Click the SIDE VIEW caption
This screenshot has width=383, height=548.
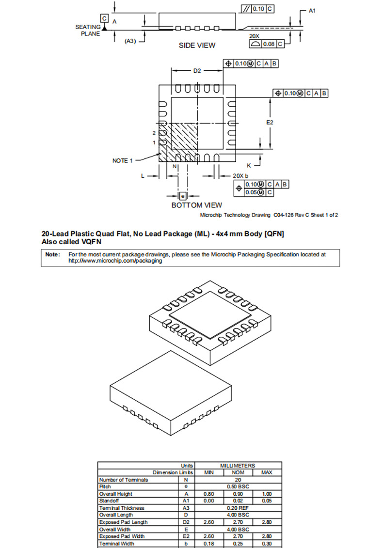tap(197, 46)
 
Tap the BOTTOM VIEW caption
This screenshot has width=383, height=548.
tap(197, 205)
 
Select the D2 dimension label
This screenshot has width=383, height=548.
tap(197, 71)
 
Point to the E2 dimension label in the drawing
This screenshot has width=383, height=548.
tap(270, 123)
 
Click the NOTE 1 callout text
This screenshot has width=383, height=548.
tap(122, 160)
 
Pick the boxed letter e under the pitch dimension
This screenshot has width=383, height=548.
tap(183, 196)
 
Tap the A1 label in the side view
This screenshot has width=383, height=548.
tap(312, 11)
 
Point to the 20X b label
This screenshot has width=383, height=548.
tap(240, 176)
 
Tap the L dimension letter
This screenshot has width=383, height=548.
tap(143, 176)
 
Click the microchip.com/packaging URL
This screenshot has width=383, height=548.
tap(115, 261)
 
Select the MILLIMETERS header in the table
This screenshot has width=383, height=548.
tap(239, 465)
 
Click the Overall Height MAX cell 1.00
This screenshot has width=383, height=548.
tap(267, 494)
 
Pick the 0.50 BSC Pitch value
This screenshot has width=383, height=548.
tap(239, 486)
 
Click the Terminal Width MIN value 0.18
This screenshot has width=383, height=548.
tap(209, 543)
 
